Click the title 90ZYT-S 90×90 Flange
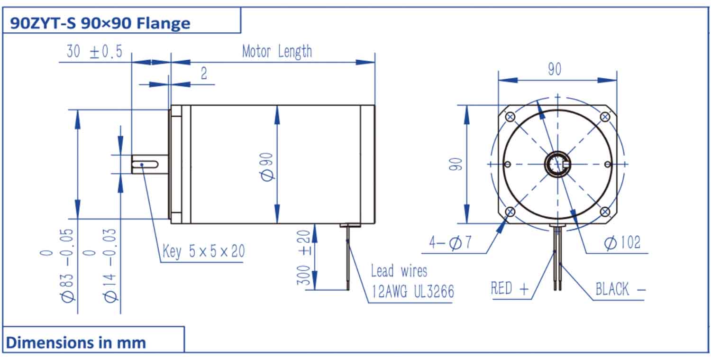pos(100,23)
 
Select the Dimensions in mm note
pos(76,342)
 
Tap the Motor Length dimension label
pos(277,51)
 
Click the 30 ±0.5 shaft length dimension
pos(94,52)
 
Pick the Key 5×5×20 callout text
pos(204,251)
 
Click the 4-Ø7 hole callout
pos(450,243)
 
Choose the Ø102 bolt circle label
pos(622,243)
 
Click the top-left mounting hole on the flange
pos(510,117)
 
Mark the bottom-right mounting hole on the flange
pos(605,212)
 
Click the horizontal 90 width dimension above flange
pos(555,69)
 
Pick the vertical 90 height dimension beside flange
pos(456,164)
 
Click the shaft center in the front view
pos(557,164)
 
